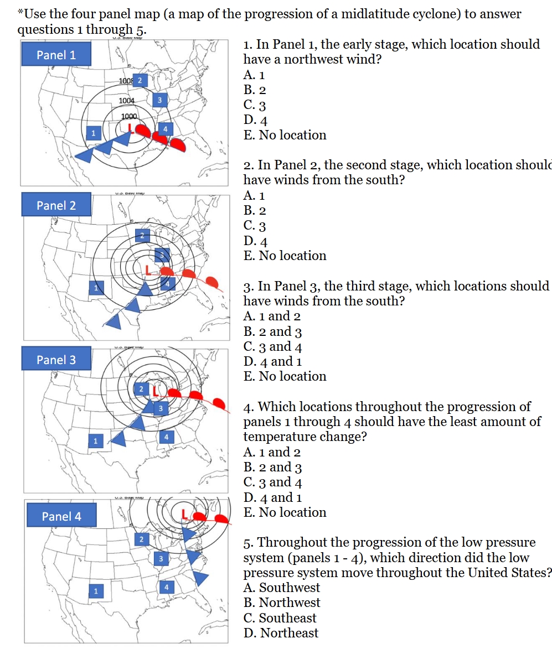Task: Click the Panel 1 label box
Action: (56, 54)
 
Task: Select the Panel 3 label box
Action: (56, 360)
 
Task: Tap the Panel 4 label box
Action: (61, 516)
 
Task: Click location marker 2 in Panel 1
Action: (140, 80)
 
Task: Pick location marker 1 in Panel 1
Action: (94, 133)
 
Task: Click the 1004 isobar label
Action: (127, 101)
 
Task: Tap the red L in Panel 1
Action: (130, 128)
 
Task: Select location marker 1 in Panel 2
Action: (96, 288)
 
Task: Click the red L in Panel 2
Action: (148, 269)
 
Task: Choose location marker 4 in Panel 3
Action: (166, 436)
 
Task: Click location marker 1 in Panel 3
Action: (95, 441)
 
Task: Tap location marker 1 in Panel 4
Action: (95, 591)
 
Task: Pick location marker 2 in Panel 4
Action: (141, 538)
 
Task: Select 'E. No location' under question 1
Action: (285, 135)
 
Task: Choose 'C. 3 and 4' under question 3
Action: (272, 347)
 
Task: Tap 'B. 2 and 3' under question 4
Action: (272, 468)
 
